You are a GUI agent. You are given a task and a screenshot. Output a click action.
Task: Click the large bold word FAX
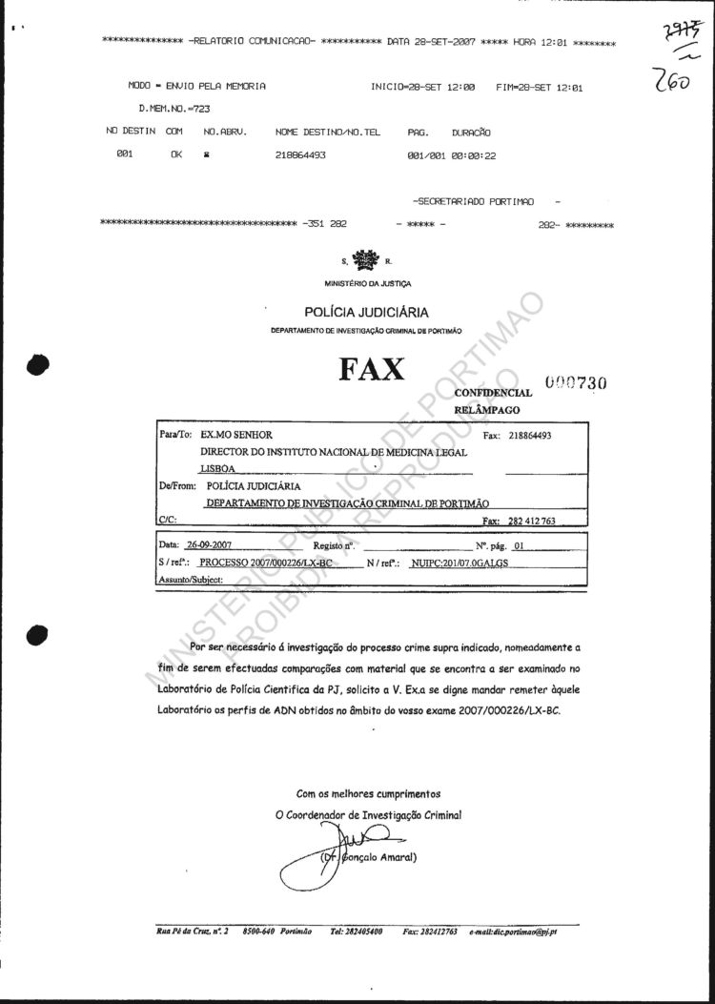371,369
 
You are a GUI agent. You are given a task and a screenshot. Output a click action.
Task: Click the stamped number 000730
576,382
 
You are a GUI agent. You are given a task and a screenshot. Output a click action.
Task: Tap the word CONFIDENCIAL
493,392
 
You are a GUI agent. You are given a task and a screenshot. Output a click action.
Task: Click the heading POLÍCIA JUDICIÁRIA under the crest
366,312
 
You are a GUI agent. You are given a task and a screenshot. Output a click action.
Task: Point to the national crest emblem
365,260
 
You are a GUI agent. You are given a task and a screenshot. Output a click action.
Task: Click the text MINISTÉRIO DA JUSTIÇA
366,283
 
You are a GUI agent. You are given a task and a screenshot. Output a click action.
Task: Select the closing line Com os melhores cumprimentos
368,793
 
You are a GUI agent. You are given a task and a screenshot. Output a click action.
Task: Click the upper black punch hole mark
38,363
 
